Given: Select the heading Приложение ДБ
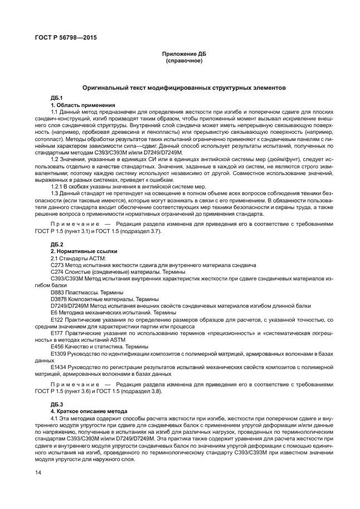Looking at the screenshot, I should [183, 54].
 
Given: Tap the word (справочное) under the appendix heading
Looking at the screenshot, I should [183, 60].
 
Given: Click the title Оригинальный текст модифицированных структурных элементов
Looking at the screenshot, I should [183, 88].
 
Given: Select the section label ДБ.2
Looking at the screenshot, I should [57, 245].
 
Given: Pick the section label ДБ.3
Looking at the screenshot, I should [57, 403].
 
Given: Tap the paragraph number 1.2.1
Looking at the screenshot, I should [57, 202].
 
